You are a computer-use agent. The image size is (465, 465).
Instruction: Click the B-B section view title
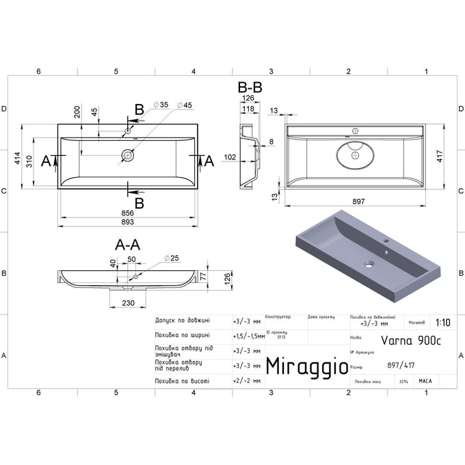click(250, 88)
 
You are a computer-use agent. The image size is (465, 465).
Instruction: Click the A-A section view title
click(128, 245)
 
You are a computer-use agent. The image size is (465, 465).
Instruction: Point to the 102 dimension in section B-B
click(230, 157)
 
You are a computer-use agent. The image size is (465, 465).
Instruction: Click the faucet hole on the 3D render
click(386, 241)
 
